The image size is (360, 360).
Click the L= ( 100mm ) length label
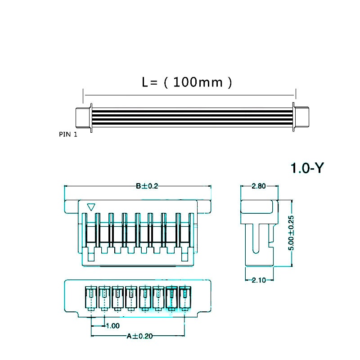[x=187, y=82]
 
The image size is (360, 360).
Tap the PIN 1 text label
[x=68, y=135]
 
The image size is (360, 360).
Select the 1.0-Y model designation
[x=307, y=168]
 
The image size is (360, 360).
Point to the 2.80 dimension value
[x=258, y=186]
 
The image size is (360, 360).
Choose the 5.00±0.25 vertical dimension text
[x=291, y=232]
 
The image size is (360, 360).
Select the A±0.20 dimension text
[x=139, y=336]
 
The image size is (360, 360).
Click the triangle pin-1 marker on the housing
[x=91, y=207]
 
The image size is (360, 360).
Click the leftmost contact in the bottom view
[x=91, y=298]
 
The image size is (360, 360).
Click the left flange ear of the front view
[x=72, y=207]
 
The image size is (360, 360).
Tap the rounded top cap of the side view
[x=259, y=207]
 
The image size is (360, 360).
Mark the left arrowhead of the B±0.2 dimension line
[x=66, y=186]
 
